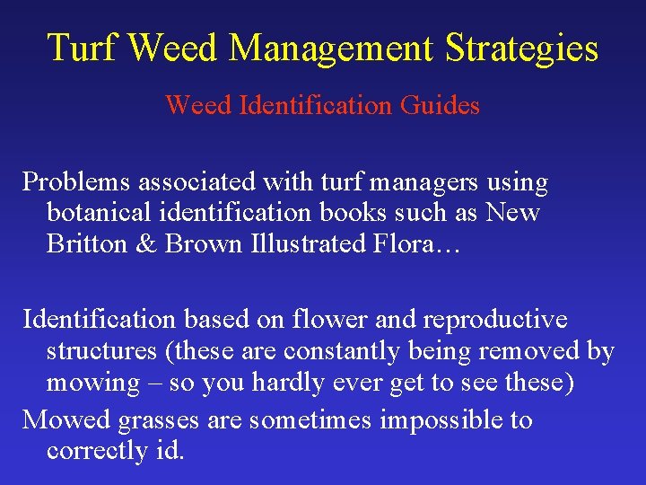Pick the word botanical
tap(98, 214)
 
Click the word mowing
tap(92, 383)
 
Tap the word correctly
tap(95, 451)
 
